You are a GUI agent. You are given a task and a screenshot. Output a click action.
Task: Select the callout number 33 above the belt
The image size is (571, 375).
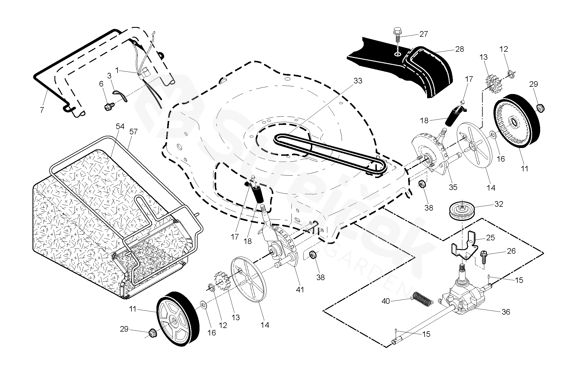[358, 81]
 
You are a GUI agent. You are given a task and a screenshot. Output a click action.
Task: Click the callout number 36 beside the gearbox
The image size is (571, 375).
[506, 312]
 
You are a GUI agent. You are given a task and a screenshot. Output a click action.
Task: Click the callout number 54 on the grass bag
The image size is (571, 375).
[120, 127]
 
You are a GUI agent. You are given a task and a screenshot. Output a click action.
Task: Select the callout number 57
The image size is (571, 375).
[133, 132]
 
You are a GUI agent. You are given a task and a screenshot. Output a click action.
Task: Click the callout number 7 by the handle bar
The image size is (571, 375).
[42, 110]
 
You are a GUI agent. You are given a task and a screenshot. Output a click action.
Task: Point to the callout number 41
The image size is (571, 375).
[300, 290]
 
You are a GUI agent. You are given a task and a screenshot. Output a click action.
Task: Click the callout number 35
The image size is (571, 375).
[453, 187]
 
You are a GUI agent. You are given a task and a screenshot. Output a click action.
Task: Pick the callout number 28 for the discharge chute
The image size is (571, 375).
[467, 49]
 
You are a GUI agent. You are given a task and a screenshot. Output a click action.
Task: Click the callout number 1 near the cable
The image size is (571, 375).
[117, 70]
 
